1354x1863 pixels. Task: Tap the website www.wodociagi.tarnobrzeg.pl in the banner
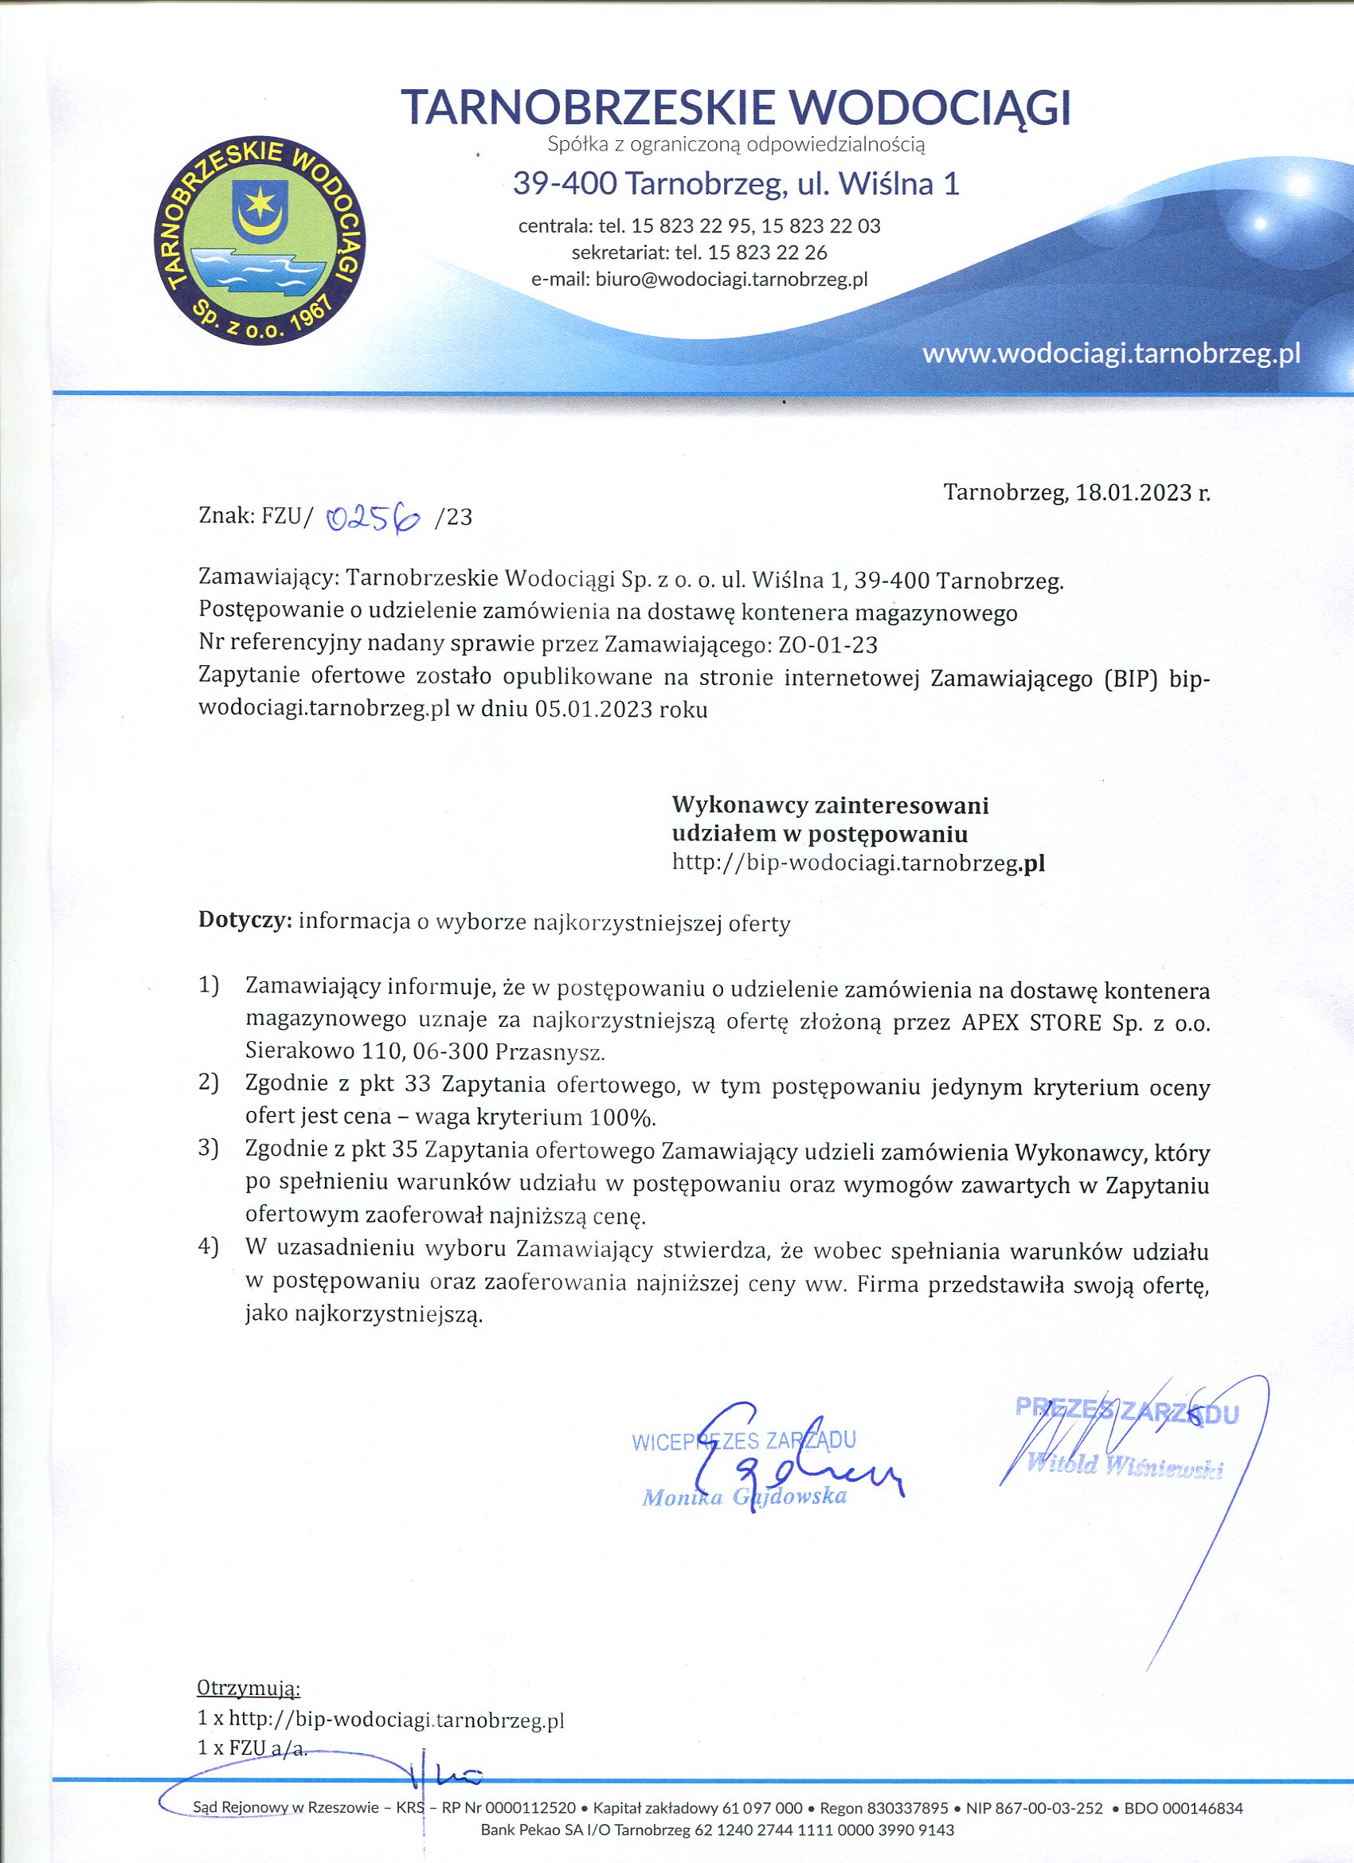[x=1111, y=353]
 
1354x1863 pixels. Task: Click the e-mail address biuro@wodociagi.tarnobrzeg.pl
[x=731, y=280]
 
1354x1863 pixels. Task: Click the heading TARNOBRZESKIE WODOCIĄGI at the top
[x=736, y=107]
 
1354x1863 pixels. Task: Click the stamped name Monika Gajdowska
[x=745, y=1496]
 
